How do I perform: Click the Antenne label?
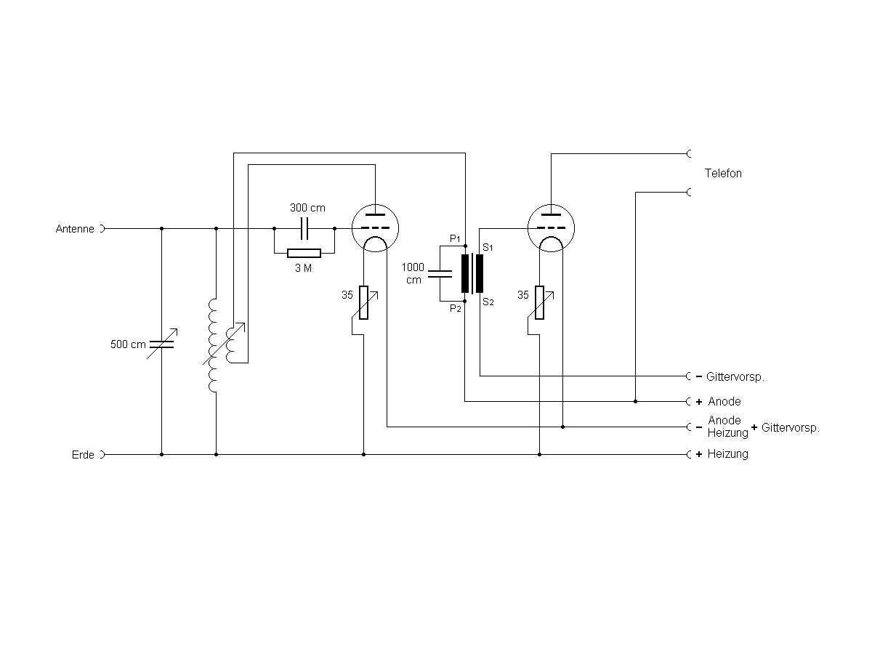click(x=75, y=229)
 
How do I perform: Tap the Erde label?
click(x=83, y=455)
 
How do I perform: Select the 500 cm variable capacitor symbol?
click(x=161, y=344)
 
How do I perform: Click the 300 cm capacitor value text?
click(x=307, y=208)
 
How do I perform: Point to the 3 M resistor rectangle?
click(x=304, y=254)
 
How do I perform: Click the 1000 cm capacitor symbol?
click(x=440, y=274)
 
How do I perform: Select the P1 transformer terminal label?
click(x=455, y=238)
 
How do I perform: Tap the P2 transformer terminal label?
click(x=455, y=309)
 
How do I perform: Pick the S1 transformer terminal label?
click(x=488, y=248)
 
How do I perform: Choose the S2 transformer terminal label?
click(x=488, y=302)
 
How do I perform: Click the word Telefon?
click(x=723, y=174)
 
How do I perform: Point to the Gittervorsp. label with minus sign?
click(x=735, y=377)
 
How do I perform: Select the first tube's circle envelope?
click(x=375, y=227)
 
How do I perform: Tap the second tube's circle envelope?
click(x=550, y=227)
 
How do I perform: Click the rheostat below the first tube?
click(x=363, y=303)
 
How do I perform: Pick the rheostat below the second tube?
click(x=539, y=303)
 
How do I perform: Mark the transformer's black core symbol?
click(x=472, y=273)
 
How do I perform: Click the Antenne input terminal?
click(x=102, y=228)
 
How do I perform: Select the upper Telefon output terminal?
click(x=689, y=154)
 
